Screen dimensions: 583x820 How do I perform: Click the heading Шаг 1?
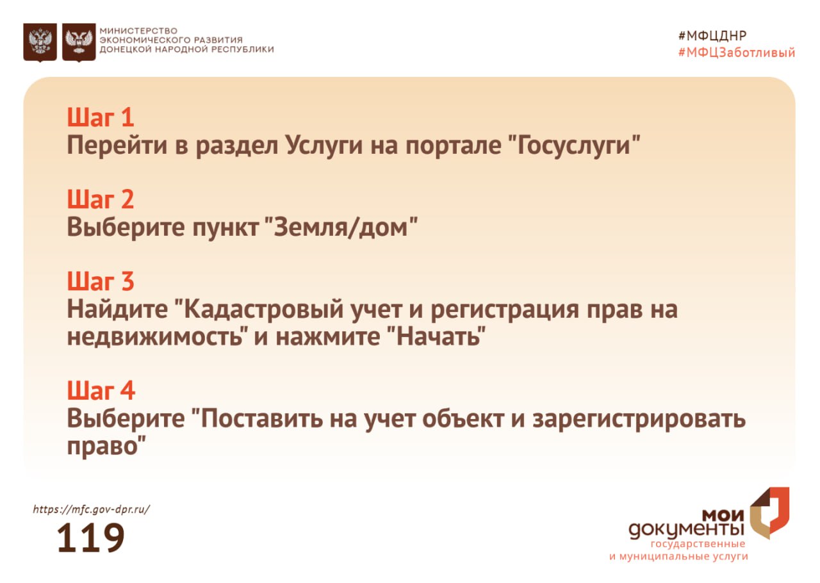tap(101, 118)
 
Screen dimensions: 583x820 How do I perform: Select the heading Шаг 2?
tap(101, 200)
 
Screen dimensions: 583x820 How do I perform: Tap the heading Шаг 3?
tap(101, 282)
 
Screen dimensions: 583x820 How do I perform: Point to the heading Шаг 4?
tap(101, 391)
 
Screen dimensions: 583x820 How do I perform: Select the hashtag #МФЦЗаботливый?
tap(736, 53)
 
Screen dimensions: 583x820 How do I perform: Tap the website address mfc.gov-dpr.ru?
tap(91, 510)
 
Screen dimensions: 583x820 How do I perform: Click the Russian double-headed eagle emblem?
tap(40, 42)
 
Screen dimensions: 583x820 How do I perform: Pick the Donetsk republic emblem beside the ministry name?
tap(79, 42)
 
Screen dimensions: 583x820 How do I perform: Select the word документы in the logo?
tap(686, 530)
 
